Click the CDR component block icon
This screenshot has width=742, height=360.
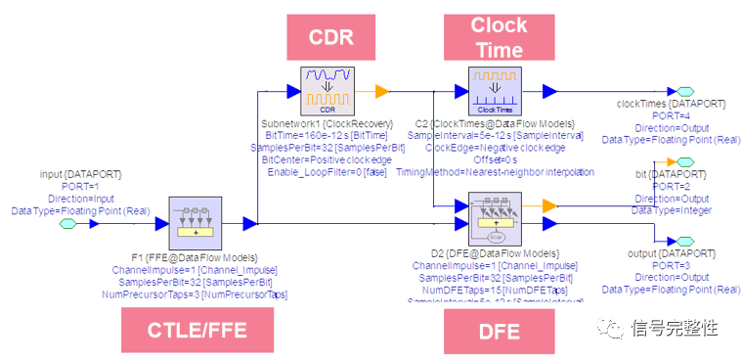pos(327,91)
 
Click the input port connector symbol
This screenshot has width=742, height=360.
pos(67,224)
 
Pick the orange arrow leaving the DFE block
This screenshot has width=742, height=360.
pos(550,205)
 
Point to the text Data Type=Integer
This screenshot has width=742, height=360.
pos(671,210)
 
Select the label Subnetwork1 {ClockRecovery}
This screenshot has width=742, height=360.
pos(327,124)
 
